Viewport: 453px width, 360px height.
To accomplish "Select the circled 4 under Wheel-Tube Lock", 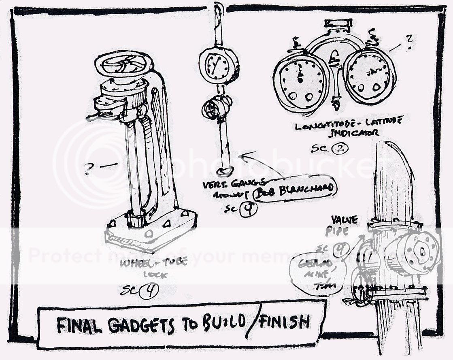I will pyautogui.click(x=149, y=290).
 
